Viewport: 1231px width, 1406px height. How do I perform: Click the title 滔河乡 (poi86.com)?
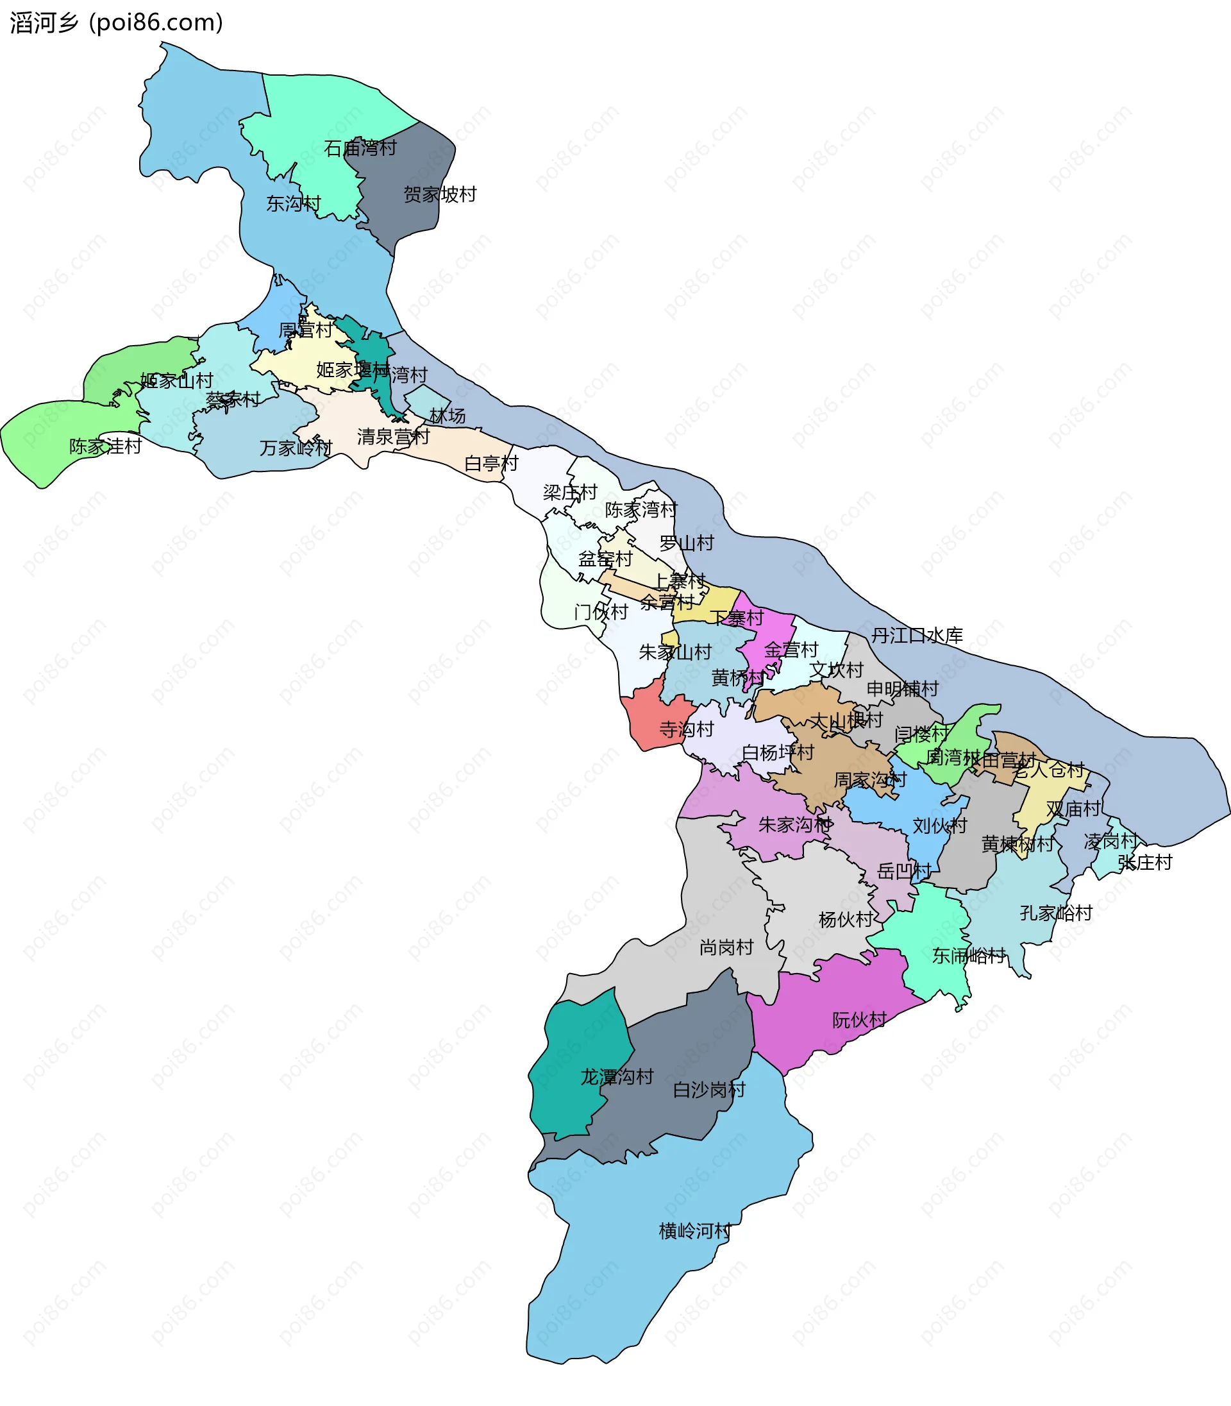(x=116, y=22)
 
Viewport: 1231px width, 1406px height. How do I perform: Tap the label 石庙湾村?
(x=360, y=148)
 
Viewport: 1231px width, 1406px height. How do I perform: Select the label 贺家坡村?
(x=440, y=194)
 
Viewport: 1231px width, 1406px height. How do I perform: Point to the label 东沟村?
(x=294, y=203)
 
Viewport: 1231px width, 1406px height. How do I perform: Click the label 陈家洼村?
(x=105, y=446)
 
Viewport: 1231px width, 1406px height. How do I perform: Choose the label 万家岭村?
(x=296, y=448)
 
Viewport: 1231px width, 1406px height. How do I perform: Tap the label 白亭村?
(x=491, y=463)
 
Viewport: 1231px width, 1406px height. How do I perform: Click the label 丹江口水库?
(x=917, y=636)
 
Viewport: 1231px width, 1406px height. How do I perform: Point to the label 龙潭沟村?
(x=617, y=1077)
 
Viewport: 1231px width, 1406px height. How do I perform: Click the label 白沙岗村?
(x=709, y=1089)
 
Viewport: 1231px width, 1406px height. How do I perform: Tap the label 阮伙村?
(x=859, y=1020)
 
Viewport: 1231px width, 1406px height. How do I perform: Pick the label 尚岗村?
(x=726, y=947)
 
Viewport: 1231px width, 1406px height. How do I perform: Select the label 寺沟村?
(x=686, y=729)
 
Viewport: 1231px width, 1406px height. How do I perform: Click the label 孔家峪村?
(x=1056, y=913)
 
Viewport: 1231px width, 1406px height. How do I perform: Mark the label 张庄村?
(x=1144, y=863)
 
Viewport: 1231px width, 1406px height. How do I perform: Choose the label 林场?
(x=448, y=416)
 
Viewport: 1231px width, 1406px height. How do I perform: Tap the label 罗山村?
(x=686, y=543)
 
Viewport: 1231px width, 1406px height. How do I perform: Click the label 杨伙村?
(x=846, y=919)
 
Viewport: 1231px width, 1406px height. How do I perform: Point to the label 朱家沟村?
(x=795, y=825)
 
